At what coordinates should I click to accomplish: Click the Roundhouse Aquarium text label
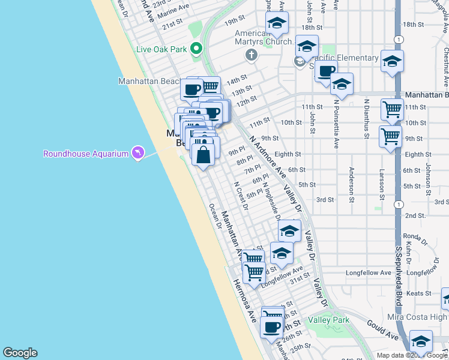pyautogui.click(x=86, y=154)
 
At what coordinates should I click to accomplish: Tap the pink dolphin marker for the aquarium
pyautogui.click(x=139, y=153)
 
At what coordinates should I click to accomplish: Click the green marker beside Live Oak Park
pyautogui.click(x=196, y=49)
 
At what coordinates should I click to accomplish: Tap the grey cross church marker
pyautogui.click(x=251, y=55)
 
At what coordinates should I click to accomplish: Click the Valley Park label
pyautogui.click(x=328, y=320)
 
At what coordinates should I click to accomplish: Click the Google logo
pyautogui.click(x=20, y=353)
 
